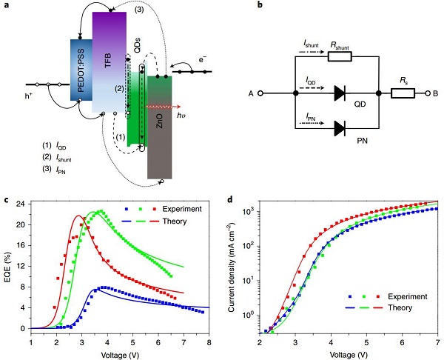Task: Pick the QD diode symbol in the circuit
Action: coord(339,94)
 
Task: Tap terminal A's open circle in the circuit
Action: coord(260,94)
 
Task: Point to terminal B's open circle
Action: coord(428,94)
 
